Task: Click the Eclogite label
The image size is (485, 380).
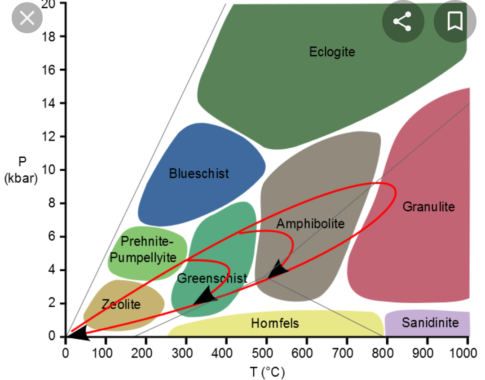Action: [332, 52]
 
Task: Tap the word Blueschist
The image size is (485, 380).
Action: [199, 173]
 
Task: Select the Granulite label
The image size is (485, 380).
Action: [428, 207]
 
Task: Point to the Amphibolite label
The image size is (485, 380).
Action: [310, 223]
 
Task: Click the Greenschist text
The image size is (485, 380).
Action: [212, 278]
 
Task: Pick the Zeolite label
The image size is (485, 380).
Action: [121, 304]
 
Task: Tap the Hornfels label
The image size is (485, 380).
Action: [275, 323]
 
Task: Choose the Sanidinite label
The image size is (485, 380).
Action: [430, 323]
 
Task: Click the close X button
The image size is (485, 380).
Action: [27, 18]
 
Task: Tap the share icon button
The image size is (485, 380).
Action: [402, 21]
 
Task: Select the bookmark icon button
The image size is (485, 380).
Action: [454, 21]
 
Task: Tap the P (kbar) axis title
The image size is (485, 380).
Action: [21, 170]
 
